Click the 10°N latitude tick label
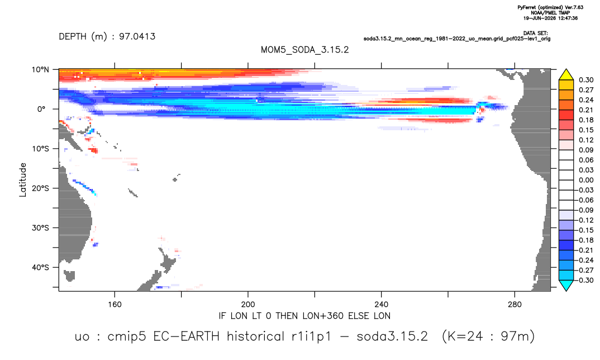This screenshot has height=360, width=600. point(40,70)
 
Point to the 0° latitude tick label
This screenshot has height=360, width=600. point(41,109)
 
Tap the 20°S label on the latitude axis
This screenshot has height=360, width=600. point(40,188)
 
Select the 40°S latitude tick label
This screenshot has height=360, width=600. point(40,267)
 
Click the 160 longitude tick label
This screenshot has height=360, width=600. point(115,305)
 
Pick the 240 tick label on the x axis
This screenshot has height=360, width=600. point(382,305)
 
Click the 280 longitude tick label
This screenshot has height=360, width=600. point(515,305)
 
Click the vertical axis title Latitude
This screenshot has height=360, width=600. point(23,180)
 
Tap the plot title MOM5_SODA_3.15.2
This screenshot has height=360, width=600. point(305,50)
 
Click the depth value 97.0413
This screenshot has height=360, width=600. point(137,37)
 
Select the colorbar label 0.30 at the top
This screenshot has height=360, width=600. point(586,80)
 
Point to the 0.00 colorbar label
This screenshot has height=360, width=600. point(586,180)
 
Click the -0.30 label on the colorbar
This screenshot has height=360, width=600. point(585,280)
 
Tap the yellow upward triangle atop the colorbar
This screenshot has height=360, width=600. point(566,75)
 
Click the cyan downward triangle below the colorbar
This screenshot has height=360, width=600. point(566,285)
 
